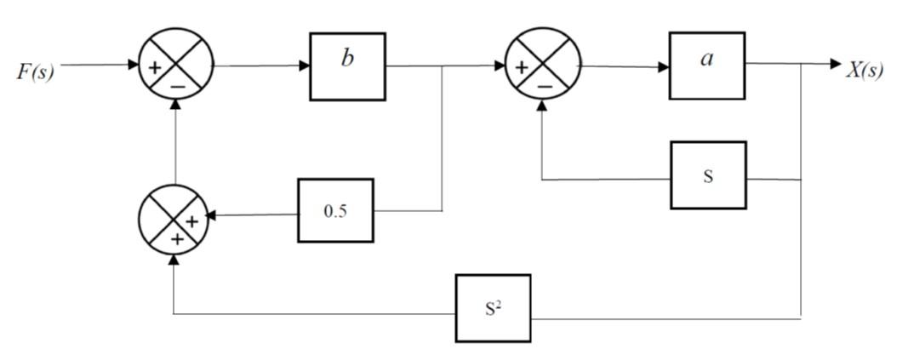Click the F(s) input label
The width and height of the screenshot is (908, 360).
point(35,71)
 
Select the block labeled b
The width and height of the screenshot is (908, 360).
point(346,66)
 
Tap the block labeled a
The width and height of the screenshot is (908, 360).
point(706,66)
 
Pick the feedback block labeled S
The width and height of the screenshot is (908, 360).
point(707,175)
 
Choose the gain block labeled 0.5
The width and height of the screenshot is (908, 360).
point(335,210)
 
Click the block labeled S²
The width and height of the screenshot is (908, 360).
point(492,308)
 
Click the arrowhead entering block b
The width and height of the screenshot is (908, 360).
point(304,66)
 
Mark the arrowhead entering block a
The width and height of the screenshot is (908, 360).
point(664,66)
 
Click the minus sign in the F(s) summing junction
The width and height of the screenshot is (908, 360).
point(177,84)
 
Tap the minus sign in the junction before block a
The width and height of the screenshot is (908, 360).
point(544,85)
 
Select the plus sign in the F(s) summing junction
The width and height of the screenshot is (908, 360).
point(156,66)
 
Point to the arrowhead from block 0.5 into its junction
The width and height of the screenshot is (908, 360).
point(211,216)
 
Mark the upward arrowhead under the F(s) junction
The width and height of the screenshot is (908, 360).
point(176,103)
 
